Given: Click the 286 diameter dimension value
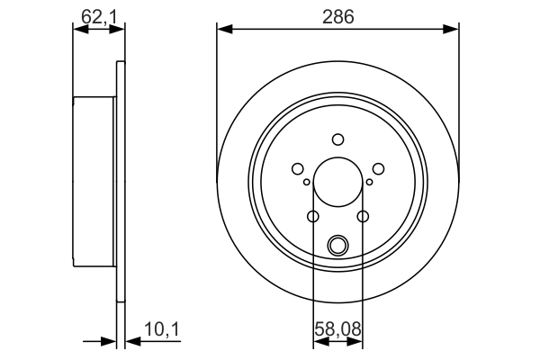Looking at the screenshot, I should click(337, 17).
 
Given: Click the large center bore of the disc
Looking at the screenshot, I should click(337, 183).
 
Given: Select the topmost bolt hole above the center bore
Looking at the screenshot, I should click(337, 139).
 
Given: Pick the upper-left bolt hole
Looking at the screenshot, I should click(297, 168).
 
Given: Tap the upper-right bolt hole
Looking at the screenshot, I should click(378, 168).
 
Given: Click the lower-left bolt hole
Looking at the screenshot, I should click(312, 216).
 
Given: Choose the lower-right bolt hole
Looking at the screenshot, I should click(363, 216).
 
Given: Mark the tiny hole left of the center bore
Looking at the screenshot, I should click(307, 183).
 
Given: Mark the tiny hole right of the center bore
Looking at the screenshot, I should click(369, 183).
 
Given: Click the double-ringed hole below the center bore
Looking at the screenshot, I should click(337, 244).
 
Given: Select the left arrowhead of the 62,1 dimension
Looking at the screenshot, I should click(78, 30).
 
